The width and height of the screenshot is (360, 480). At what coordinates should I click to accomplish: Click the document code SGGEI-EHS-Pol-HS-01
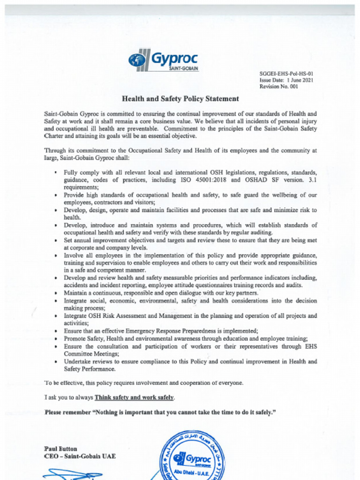coord(286,74)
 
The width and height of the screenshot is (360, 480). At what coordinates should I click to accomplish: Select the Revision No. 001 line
coord(278,87)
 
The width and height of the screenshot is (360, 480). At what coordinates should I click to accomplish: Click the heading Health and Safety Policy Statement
coord(180,99)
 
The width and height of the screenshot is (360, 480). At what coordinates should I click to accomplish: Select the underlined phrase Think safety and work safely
coord(134,397)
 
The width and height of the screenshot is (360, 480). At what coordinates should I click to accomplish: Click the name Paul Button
coord(60,449)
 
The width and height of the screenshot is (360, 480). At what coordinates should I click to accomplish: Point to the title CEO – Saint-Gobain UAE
coord(80,456)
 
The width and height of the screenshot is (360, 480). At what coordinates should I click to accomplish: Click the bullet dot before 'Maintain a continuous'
coord(56,293)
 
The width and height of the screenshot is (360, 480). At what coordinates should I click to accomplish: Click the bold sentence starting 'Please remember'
coord(159,412)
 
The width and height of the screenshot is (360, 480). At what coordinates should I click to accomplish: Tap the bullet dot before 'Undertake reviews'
coord(56,362)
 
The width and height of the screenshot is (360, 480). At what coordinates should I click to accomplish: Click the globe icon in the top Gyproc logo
coord(137,60)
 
